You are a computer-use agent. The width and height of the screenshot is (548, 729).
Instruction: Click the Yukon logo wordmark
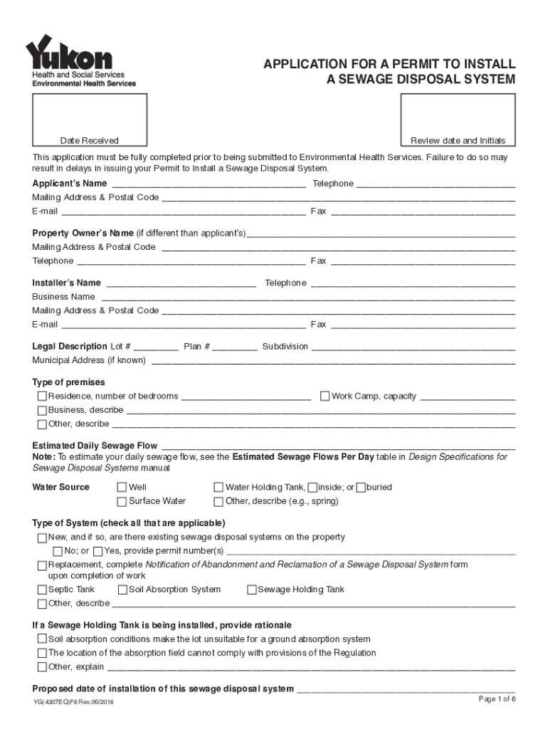click(69, 53)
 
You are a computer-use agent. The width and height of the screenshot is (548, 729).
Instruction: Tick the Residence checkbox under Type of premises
click(42, 396)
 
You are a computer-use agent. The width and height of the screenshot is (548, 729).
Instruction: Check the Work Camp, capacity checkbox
click(325, 396)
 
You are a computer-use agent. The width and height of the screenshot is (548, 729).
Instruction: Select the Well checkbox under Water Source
click(122, 488)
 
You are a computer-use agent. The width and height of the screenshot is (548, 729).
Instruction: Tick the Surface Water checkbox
click(122, 501)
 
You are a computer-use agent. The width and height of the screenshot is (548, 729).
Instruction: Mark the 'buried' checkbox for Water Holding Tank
click(361, 488)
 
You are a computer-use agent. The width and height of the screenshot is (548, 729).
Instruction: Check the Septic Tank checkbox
click(42, 589)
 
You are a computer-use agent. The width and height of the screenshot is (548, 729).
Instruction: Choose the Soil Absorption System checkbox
click(122, 589)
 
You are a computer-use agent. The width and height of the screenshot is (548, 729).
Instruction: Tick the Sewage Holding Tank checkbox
click(252, 589)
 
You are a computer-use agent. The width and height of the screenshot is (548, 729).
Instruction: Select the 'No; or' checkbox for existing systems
click(58, 551)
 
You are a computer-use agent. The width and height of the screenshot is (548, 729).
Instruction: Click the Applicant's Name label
click(70, 184)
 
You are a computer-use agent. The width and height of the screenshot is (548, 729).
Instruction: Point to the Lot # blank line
click(156, 347)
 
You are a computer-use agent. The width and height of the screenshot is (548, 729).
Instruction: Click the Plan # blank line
click(235, 347)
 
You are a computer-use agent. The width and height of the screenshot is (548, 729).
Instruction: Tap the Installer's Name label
click(67, 283)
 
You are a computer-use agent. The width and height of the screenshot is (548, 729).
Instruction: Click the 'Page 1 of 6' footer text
click(497, 699)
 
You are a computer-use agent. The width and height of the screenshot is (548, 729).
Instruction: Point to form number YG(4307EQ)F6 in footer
click(73, 703)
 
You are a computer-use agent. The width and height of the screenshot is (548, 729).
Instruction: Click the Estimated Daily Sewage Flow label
click(95, 446)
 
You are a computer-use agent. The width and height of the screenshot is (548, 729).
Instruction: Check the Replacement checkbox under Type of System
click(42, 565)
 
